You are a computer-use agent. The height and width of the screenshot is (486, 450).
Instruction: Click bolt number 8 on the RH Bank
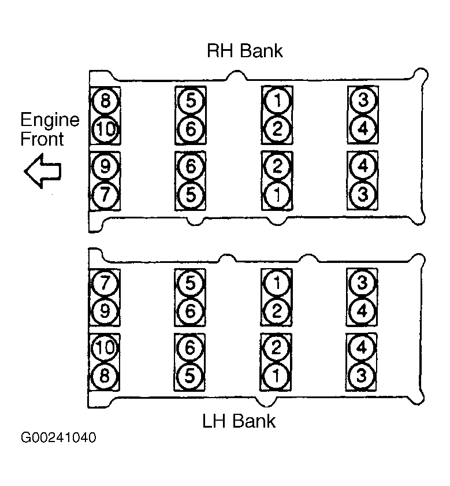tap(105, 101)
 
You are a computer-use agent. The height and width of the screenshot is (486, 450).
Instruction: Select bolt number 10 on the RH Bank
tap(105, 129)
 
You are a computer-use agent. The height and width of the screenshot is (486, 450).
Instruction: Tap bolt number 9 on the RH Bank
tap(105, 166)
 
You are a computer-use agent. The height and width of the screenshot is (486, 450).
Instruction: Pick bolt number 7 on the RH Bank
tap(105, 195)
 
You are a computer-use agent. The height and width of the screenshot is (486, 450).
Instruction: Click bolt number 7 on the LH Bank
tap(105, 283)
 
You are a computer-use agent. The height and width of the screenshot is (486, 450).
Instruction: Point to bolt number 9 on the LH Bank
tap(105, 311)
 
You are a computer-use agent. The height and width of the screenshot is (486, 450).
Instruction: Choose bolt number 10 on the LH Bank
tap(105, 348)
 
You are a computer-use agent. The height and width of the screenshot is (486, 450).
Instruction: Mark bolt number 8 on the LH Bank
tap(105, 376)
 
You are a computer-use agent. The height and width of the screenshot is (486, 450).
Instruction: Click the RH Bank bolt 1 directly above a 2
tap(277, 101)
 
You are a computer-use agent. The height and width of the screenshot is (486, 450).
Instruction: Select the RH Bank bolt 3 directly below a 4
tap(363, 195)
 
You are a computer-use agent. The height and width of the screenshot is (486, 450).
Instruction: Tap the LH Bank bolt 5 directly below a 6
tap(189, 376)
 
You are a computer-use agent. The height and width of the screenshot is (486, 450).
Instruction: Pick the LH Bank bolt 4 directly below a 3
tap(362, 310)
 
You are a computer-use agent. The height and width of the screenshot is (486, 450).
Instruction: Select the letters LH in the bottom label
tap(214, 421)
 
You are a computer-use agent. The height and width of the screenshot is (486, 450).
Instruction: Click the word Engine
tap(50, 120)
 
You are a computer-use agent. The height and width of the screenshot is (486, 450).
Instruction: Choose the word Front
tap(42, 139)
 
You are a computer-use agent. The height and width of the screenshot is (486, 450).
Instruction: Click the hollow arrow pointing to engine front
tap(43, 171)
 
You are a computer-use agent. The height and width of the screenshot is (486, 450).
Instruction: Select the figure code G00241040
tap(58, 437)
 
